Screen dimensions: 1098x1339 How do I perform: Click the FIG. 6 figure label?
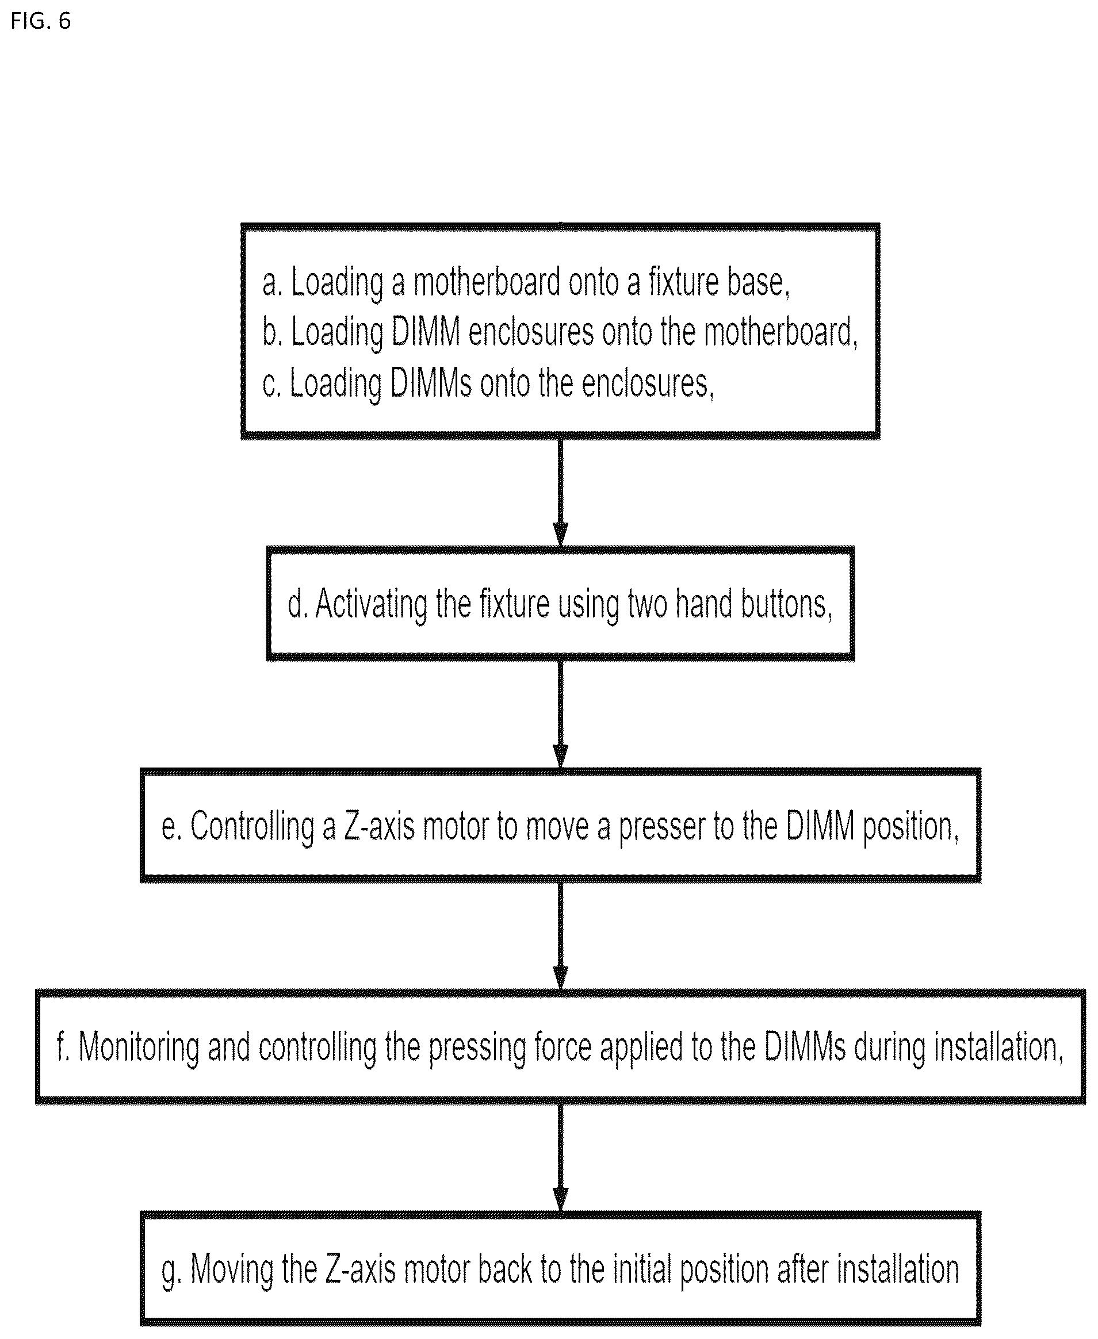pyautogui.click(x=40, y=21)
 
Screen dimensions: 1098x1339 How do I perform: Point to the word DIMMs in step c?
pyautogui.click(x=431, y=383)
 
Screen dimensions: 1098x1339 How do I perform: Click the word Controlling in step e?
pyautogui.click(x=252, y=826)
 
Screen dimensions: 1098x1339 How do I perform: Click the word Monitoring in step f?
pyautogui.click(x=139, y=1048)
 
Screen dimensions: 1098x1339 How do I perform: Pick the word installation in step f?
pyautogui.click(x=999, y=1047)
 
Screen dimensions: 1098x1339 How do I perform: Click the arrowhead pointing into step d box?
pyautogui.click(x=560, y=534)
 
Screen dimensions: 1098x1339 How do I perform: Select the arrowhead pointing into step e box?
pyautogui.click(x=560, y=756)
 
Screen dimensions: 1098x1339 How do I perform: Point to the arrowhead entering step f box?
pyautogui.click(x=560, y=977)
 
